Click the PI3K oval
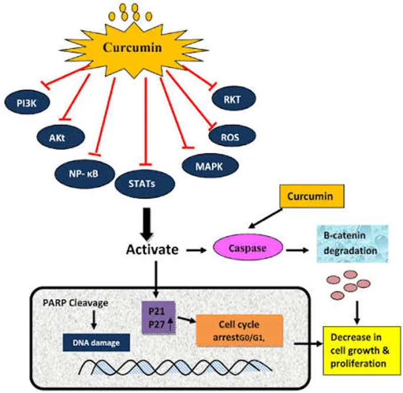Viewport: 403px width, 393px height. click(x=27, y=102)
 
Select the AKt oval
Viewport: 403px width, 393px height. click(x=61, y=137)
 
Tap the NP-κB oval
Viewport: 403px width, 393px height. click(x=85, y=173)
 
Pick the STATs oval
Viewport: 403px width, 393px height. click(x=145, y=184)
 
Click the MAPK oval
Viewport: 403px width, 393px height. click(x=210, y=165)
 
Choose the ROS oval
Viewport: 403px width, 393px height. click(x=232, y=136)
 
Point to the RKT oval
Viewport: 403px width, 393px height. click(x=234, y=99)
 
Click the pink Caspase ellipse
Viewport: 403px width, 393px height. click(x=248, y=247)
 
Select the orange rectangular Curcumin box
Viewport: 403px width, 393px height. click(x=312, y=196)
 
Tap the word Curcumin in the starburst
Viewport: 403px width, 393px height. click(x=133, y=48)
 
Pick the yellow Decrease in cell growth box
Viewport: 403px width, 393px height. click(x=362, y=351)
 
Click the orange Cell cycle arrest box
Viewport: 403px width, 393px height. click(x=240, y=330)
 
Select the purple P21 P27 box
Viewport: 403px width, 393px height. click(x=159, y=318)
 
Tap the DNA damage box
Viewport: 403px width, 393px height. click(x=97, y=343)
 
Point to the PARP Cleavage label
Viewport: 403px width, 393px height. click(x=75, y=303)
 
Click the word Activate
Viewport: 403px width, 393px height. click(x=152, y=250)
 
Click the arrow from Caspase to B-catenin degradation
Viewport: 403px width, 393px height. click(x=298, y=250)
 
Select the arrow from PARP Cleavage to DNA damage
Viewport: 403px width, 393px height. click(x=94, y=320)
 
